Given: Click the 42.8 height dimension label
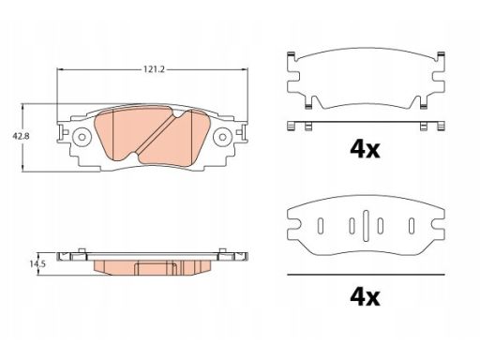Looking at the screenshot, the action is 21,137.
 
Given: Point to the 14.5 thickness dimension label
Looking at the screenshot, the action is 37,264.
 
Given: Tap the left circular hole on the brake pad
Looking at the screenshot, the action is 82,137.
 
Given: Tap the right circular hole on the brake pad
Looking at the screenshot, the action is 222,137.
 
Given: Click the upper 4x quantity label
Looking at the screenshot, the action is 365,150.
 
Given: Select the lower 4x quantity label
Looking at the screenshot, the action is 365,297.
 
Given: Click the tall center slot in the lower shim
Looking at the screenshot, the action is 366,225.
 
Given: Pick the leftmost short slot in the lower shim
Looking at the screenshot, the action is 321,226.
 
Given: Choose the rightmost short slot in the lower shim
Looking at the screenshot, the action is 412,226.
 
